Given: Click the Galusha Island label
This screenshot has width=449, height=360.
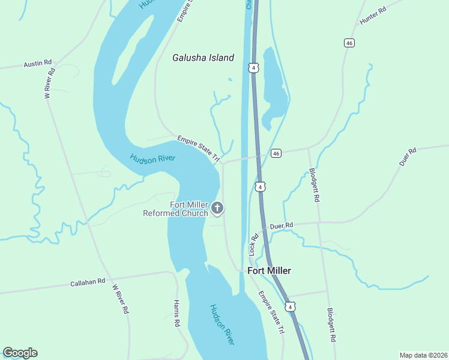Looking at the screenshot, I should point(203,58).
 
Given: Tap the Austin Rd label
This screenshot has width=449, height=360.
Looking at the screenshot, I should point(38,64).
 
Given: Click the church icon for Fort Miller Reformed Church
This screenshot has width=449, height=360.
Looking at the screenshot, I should point(217,208).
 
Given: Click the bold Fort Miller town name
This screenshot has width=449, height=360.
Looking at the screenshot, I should point(270,271).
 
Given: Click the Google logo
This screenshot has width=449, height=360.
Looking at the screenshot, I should point(20,353).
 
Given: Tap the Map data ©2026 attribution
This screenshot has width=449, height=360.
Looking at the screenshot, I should point(423,355).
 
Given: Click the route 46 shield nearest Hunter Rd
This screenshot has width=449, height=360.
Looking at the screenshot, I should point(349,43).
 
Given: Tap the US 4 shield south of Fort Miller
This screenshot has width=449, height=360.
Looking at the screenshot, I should point(291,307).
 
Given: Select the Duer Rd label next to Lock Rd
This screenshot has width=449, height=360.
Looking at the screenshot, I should point(281,226).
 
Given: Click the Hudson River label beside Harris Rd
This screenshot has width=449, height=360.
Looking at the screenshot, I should point(221,325).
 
